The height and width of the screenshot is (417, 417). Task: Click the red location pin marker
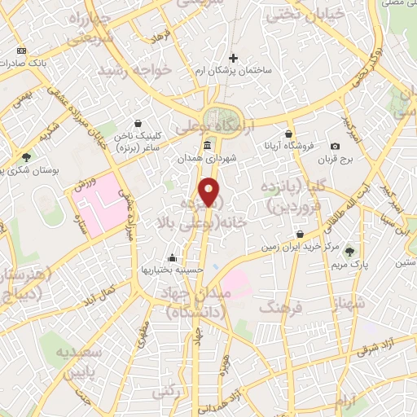click(x=210, y=192)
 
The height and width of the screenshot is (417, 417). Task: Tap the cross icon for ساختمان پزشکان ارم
click(x=234, y=58)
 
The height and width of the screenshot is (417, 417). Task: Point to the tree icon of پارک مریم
click(x=351, y=252)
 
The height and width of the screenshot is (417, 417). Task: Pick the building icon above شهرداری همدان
click(x=207, y=146)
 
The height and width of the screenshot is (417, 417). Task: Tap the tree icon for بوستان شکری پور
click(x=27, y=156)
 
